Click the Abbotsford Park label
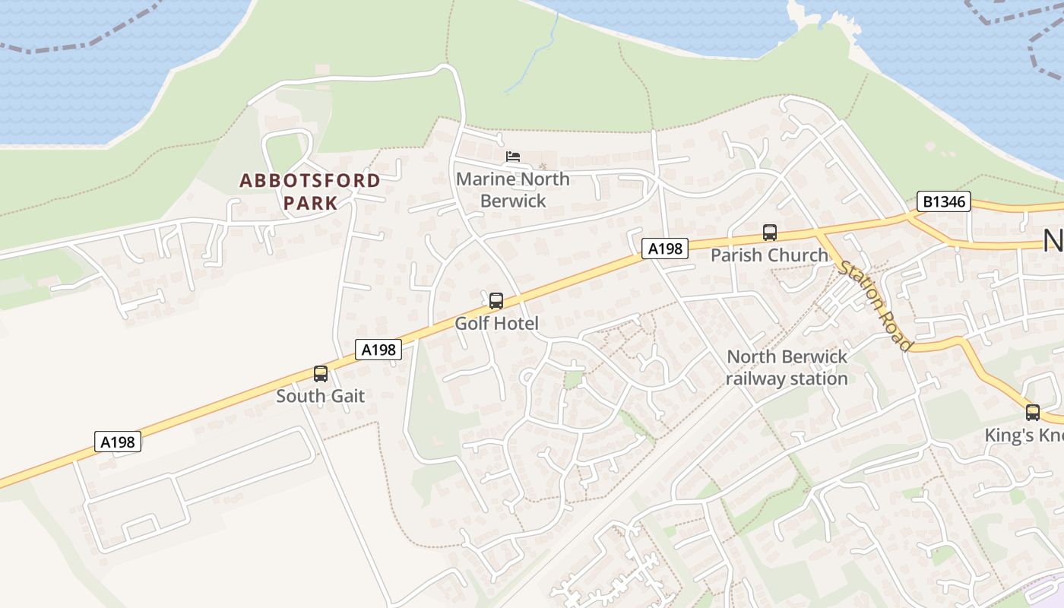(310, 192)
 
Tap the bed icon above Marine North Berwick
(513, 157)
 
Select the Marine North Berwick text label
(512, 189)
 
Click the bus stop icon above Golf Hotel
(496, 300)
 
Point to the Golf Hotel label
(496, 323)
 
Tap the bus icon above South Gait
(321, 373)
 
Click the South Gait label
(320, 396)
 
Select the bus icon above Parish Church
(770, 233)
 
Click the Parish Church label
(769, 255)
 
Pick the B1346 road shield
(943, 201)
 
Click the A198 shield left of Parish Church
(665, 248)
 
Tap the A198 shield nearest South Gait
(378, 350)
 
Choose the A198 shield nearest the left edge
(118, 442)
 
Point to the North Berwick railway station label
(787, 367)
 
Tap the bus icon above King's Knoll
(1032, 413)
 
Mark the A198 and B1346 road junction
(909, 217)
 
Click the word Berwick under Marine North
(513, 201)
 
